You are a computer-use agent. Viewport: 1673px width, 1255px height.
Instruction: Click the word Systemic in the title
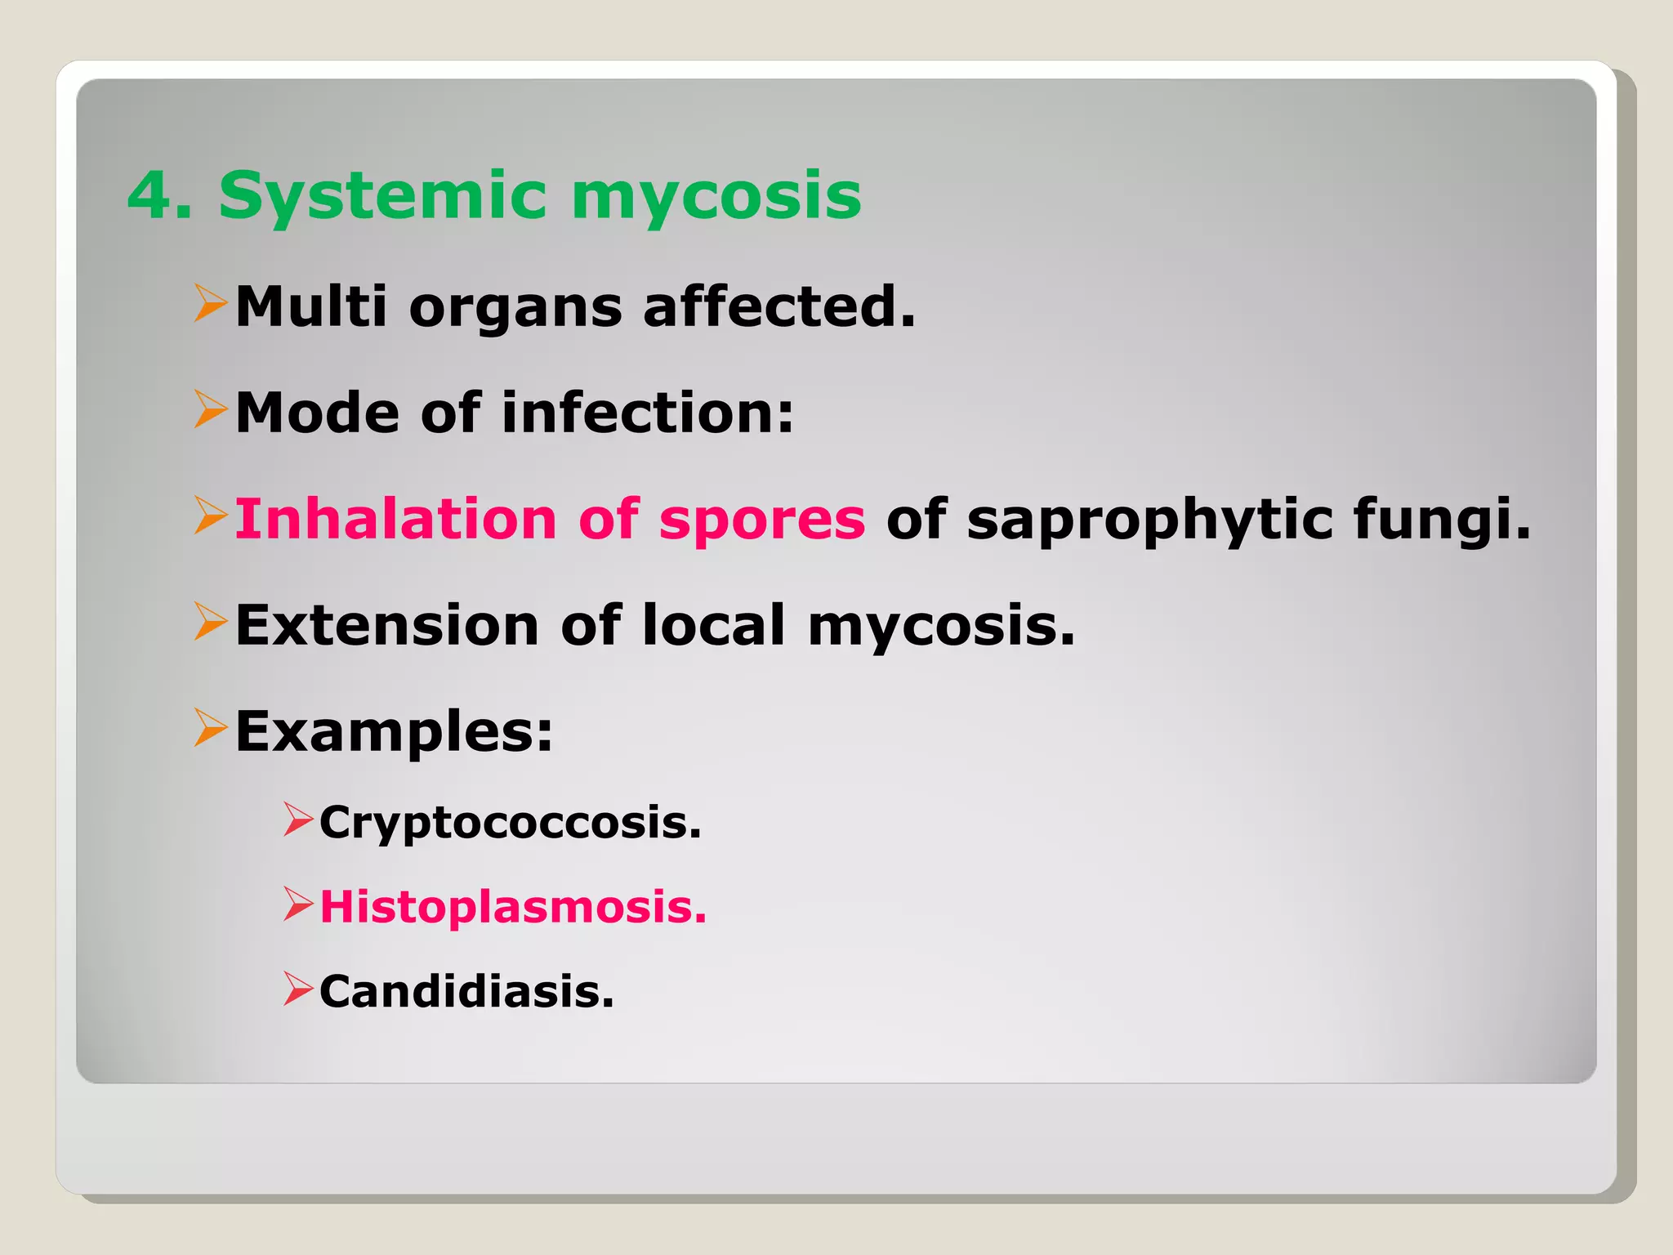pyautogui.click(x=382, y=196)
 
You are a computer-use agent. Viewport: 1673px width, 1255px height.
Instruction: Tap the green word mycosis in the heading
pyautogui.click(x=716, y=196)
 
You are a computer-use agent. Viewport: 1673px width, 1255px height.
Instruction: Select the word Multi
pyautogui.click(x=311, y=306)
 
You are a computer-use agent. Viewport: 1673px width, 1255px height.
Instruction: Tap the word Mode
pyautogui.click(x=317, y=413)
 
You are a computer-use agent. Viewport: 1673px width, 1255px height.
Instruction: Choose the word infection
pyautogui.click(x=647, y=413)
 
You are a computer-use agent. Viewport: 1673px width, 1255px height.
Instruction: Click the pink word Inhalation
pyautogui.click(x=395, y=519)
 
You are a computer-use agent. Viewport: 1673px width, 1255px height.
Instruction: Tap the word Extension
pyautogui.click(x=387, y=625)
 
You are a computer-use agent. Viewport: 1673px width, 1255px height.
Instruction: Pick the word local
pyautogui.click(x=714, y=625)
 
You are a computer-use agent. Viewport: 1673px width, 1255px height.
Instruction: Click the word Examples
pyautogui.click(x=394, y=731)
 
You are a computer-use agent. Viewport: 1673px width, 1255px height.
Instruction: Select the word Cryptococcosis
pyautogui.click(x=510, y=822)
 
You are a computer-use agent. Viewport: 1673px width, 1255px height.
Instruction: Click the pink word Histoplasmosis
pyautogui.click(x=513, y=907)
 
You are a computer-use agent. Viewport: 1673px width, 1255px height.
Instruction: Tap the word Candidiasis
pyautogui.click(x=466, y=991)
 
